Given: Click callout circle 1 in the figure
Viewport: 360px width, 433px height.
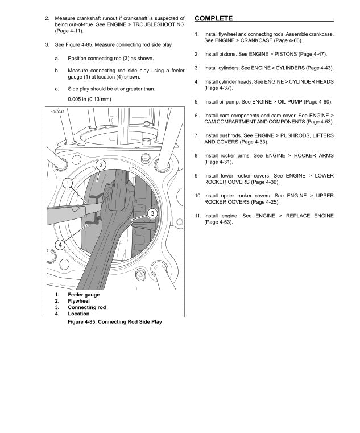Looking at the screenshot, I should click(67, 183).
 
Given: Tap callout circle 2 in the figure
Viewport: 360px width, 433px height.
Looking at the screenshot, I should click(100, 165).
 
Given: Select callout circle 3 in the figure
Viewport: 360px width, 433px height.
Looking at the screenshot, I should click(152, 213).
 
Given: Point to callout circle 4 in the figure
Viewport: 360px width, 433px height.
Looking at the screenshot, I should click(59, 245).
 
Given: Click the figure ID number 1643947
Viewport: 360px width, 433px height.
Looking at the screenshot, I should click(55, 111).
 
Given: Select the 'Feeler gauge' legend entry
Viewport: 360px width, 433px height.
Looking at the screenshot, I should click(84, 295).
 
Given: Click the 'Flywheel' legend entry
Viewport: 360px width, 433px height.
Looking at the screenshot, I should click(79, 301).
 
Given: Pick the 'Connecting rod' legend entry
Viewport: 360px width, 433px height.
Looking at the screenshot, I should click(86, 307).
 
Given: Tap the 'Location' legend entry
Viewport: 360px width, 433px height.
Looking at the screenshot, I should click(78, 314).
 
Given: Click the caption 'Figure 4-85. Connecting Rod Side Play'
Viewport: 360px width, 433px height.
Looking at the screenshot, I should click(114, 321).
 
